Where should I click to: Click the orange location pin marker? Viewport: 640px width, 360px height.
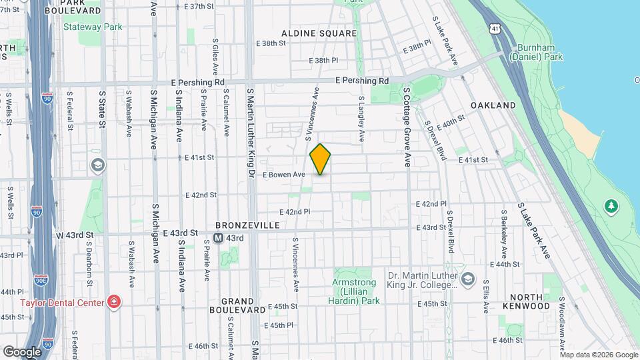pyautogui.click(x=321, y=159)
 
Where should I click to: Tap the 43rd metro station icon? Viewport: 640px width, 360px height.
pyautogui.click(x=219, y=238)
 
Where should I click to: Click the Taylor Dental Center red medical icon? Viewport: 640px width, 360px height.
pyautogui.click(x=114, y=303)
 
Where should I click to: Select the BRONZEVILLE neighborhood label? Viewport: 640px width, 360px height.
pyautogui.click(x=247, y=225)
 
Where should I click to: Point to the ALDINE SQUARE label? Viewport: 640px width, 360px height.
pyautogui.click(x=319, y=33)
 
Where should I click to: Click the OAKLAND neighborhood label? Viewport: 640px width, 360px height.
pyautogui.click(x=493, y=105)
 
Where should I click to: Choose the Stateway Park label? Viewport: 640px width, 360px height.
pyautogui.click(x=93, y=27)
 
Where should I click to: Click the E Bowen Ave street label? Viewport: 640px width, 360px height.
pyautogui.click(x=283, y=175)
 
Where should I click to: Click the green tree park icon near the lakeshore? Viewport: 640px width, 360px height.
pyautogui.click(x=611, y=205)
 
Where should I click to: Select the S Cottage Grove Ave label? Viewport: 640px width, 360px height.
pyautogui.click(x=406, y=126)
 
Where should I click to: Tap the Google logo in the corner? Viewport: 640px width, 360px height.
pyautogui.click(x=22, y=351)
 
